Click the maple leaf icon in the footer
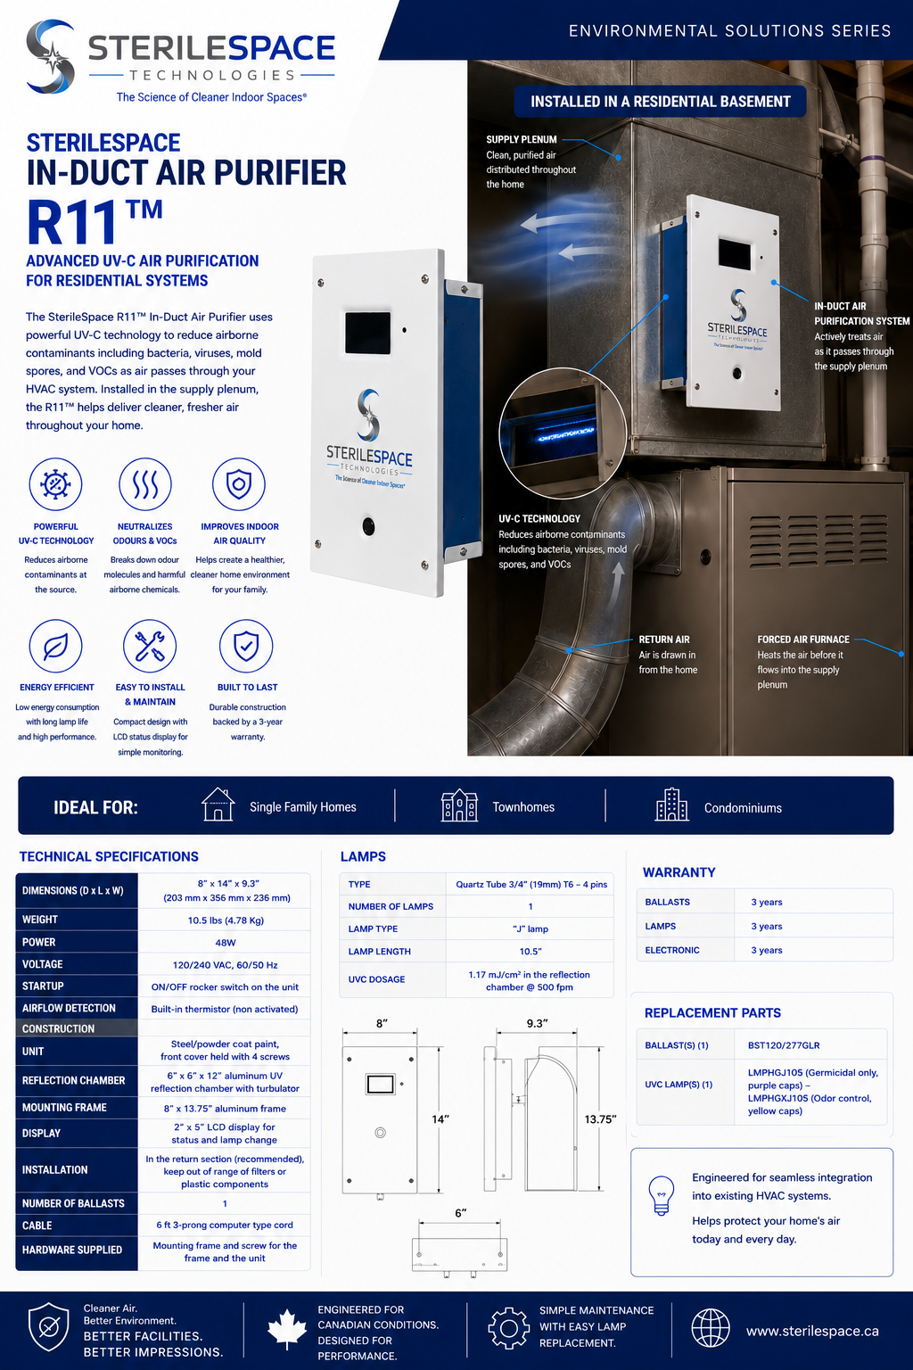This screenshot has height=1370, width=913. pyautogui.click(x=287, y=1330)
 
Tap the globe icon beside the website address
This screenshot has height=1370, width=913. pyautogui.click(x=711, y=1328)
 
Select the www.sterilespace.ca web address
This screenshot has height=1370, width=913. pyautogui.click(x=812, y=1331)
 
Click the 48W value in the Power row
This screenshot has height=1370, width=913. pyautogui.click(x=225, y=943)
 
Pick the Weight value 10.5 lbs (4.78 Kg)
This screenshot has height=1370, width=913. pyautogui.click(x=226, y=920)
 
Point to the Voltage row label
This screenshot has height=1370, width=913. pyautogui.click(x=42, y=964)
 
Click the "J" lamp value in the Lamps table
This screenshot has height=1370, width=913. pyautogui.click(x=531, y=928)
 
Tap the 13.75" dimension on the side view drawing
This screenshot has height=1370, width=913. pyautogui.click(x=600, y=1119)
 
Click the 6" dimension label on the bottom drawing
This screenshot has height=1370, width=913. pyautogui.click(x=460, y=1213)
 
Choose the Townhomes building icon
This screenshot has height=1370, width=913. pyautogui.click(x=459, y=805)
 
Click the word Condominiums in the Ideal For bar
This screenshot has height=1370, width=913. pyautogui.click(x=743, y=808)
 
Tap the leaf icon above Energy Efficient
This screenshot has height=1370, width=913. pyautogui.click(x=55, y=646)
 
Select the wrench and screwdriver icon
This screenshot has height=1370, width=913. pyautogui.click(x=149, y=646)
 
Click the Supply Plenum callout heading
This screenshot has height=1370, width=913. pyautogui.click(x=521, y=139)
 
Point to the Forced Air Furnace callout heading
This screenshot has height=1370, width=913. pyautogui.click(x=803, y=640)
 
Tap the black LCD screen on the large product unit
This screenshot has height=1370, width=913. pyautogui.click(x=367, y=334)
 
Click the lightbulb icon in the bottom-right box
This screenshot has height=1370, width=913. pyautogui.click(x=661, y=1194)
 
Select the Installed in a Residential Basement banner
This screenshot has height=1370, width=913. pyautogui.click(x=660, y=101)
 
